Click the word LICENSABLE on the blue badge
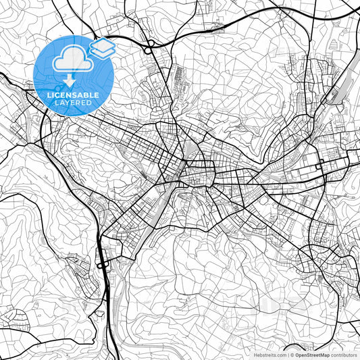73,96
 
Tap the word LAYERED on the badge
73,104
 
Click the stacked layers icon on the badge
102,47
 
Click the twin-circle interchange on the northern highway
148,46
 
